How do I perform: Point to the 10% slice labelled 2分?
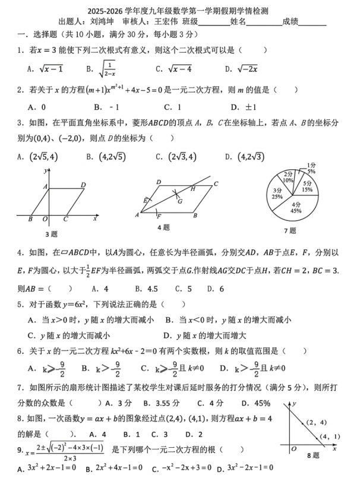pyautogui.click(x=288, y=178)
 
